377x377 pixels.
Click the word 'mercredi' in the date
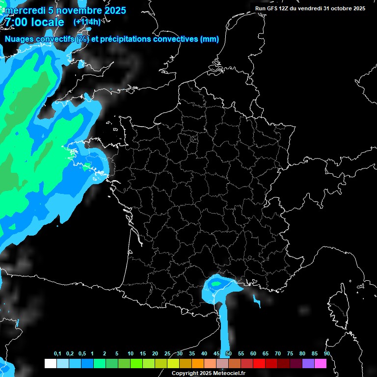pos(23,10)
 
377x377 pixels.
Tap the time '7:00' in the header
pos(15,22)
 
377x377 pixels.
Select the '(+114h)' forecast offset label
pos(87,22)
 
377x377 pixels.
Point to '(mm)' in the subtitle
pos(210,39)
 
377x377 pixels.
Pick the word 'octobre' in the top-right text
pos(344,8)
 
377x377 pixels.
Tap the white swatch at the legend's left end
pos(50,364)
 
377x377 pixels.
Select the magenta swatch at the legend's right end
pos(320,364)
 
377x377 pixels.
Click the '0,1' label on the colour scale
pos(57,354)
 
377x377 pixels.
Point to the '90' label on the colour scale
pos(326,354)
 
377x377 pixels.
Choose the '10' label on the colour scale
pos(131,354)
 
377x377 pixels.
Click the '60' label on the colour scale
pos(253,354)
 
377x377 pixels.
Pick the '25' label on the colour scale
pos(167,354)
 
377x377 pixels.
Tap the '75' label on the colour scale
pos(290,354)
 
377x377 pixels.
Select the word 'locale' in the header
pos(47,22)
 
